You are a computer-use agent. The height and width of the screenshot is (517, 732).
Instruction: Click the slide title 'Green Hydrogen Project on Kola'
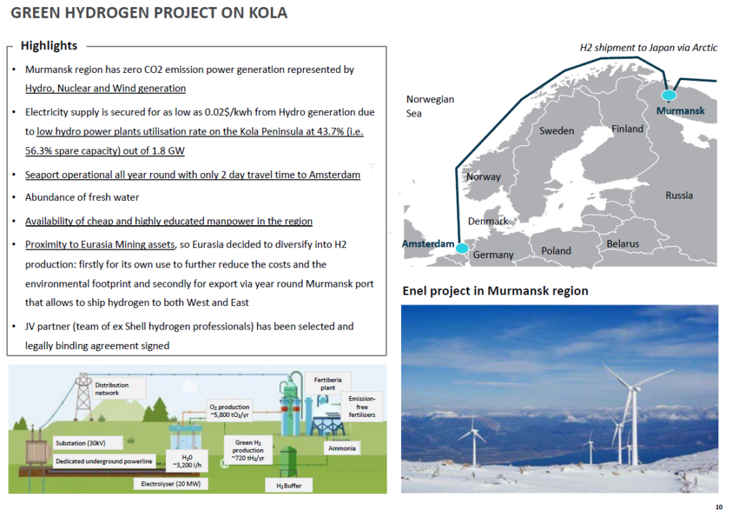(x=149, y=13)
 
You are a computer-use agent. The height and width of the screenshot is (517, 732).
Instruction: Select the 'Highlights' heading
(x=49, y=46)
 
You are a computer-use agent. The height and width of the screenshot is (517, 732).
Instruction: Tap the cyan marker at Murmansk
(x=669, y=95)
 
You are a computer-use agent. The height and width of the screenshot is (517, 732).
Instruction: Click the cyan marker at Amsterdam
(x=462, y=247)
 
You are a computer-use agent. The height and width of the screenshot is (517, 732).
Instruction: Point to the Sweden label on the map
(x=556, y=131)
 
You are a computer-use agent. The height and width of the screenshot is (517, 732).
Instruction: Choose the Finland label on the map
(x=627, y=129)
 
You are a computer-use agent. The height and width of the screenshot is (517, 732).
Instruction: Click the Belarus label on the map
(x=623, y=244)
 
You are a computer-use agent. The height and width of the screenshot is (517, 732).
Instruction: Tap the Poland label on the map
(x=556, y=250)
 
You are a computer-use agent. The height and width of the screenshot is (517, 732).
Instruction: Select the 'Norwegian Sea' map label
(x=430, y=106)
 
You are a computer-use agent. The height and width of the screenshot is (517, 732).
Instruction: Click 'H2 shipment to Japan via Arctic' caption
(x=648, y=48)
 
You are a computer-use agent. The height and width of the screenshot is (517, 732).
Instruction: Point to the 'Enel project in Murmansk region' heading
(x=495, y=291)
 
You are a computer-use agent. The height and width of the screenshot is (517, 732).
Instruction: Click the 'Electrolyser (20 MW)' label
(x=167, y=484)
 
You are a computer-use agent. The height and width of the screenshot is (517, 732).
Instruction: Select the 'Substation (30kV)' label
(x=80, y=443)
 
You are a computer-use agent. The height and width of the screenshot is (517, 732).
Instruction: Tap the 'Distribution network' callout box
(x=117, y=389)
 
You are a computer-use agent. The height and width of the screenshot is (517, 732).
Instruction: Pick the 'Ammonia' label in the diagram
(x=342, y=448)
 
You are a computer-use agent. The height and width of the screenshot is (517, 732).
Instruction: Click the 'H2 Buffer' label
(x=289, y=486)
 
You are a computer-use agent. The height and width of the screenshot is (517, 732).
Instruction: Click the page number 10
(x=718, y=507)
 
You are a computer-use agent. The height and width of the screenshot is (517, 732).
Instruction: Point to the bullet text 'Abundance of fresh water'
(x=82, y=198)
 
